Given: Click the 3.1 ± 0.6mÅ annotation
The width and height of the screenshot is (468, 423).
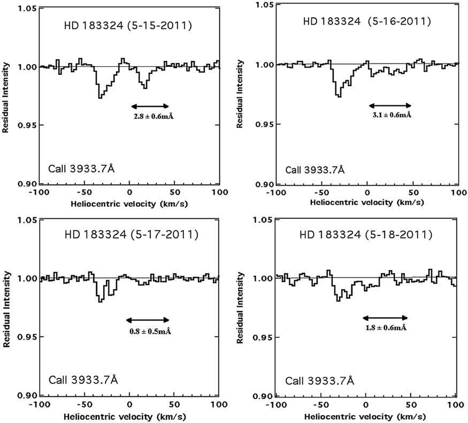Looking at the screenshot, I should point(389,114).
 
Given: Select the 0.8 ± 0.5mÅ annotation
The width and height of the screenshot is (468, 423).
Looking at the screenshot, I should point(150,331).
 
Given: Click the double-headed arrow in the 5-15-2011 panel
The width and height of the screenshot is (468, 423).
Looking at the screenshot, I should point(150,106).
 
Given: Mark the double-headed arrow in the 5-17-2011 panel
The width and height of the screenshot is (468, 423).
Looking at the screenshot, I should point(148,320).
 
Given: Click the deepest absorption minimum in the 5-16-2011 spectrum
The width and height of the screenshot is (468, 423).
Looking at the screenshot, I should point(338,96).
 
